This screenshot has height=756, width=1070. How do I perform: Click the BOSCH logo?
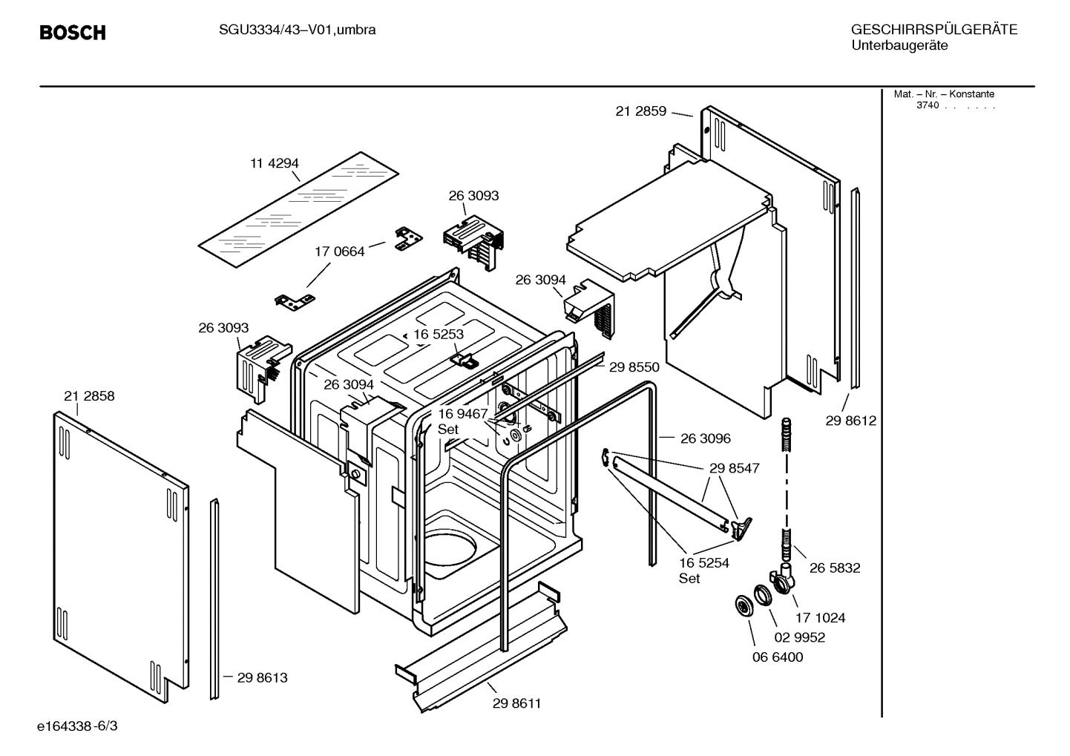coord(72,33)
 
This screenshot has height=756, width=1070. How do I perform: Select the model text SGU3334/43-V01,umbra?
coord(297,30)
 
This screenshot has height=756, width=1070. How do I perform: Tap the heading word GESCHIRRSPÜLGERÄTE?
coord(933,30)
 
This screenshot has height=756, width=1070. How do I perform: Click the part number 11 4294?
coord(274,163)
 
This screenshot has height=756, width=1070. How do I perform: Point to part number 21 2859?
coord(641,111)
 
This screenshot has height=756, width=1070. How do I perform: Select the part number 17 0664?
coord(340,252)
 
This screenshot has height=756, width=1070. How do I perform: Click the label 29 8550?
coord(634,367)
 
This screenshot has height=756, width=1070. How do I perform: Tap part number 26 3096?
coord(705,438)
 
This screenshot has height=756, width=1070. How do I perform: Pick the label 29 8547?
coord(734,468)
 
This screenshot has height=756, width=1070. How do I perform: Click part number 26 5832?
coord(835,568)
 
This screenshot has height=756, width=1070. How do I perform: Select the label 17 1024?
coord(820,617)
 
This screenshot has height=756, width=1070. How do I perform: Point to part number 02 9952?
coord(799,637)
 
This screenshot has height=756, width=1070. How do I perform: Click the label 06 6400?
coord(778,657)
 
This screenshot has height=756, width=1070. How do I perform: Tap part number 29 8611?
coord(516,703)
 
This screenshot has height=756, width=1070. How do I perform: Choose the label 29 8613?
coord(262,677)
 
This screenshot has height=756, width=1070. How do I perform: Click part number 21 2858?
coord(89,396)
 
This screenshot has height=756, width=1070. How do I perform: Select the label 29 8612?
coord(850,421)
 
